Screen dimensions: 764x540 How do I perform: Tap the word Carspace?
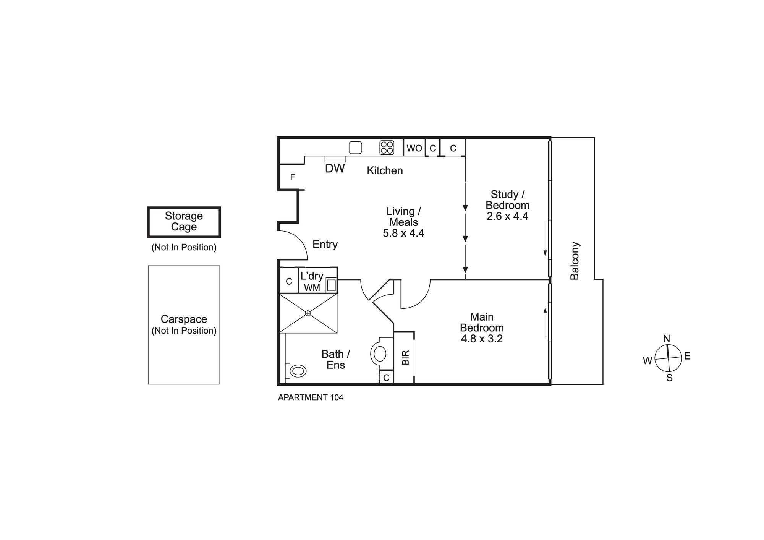click(184, 319)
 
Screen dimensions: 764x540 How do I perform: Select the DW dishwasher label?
click(335, 169)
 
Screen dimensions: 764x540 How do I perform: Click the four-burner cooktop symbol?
click(387, 148)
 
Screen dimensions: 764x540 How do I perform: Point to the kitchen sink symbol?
click(355, 148)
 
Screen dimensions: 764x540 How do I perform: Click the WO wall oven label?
click(414, 148)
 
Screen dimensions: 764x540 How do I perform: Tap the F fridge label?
click(293, 177)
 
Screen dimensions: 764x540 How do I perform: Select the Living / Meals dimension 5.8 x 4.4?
click(403, 233)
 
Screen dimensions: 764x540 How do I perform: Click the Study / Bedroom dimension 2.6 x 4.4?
click(507, 216)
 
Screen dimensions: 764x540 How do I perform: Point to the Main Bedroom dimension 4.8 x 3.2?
click(482, 339)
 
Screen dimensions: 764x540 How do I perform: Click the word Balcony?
click(575, 261)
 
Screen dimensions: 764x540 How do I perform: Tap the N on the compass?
click(667, 339)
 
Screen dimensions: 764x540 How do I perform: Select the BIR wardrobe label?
click(406, 357)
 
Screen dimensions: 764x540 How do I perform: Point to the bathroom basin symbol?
click(380, 354)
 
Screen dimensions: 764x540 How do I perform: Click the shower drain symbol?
click(308, 313)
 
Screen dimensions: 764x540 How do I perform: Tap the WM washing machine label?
click(312, 288)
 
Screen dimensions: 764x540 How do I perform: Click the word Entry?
click(325, 245)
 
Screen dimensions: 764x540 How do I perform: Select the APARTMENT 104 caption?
click(311, 397)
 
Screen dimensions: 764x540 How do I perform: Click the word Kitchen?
click(385, 170)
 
